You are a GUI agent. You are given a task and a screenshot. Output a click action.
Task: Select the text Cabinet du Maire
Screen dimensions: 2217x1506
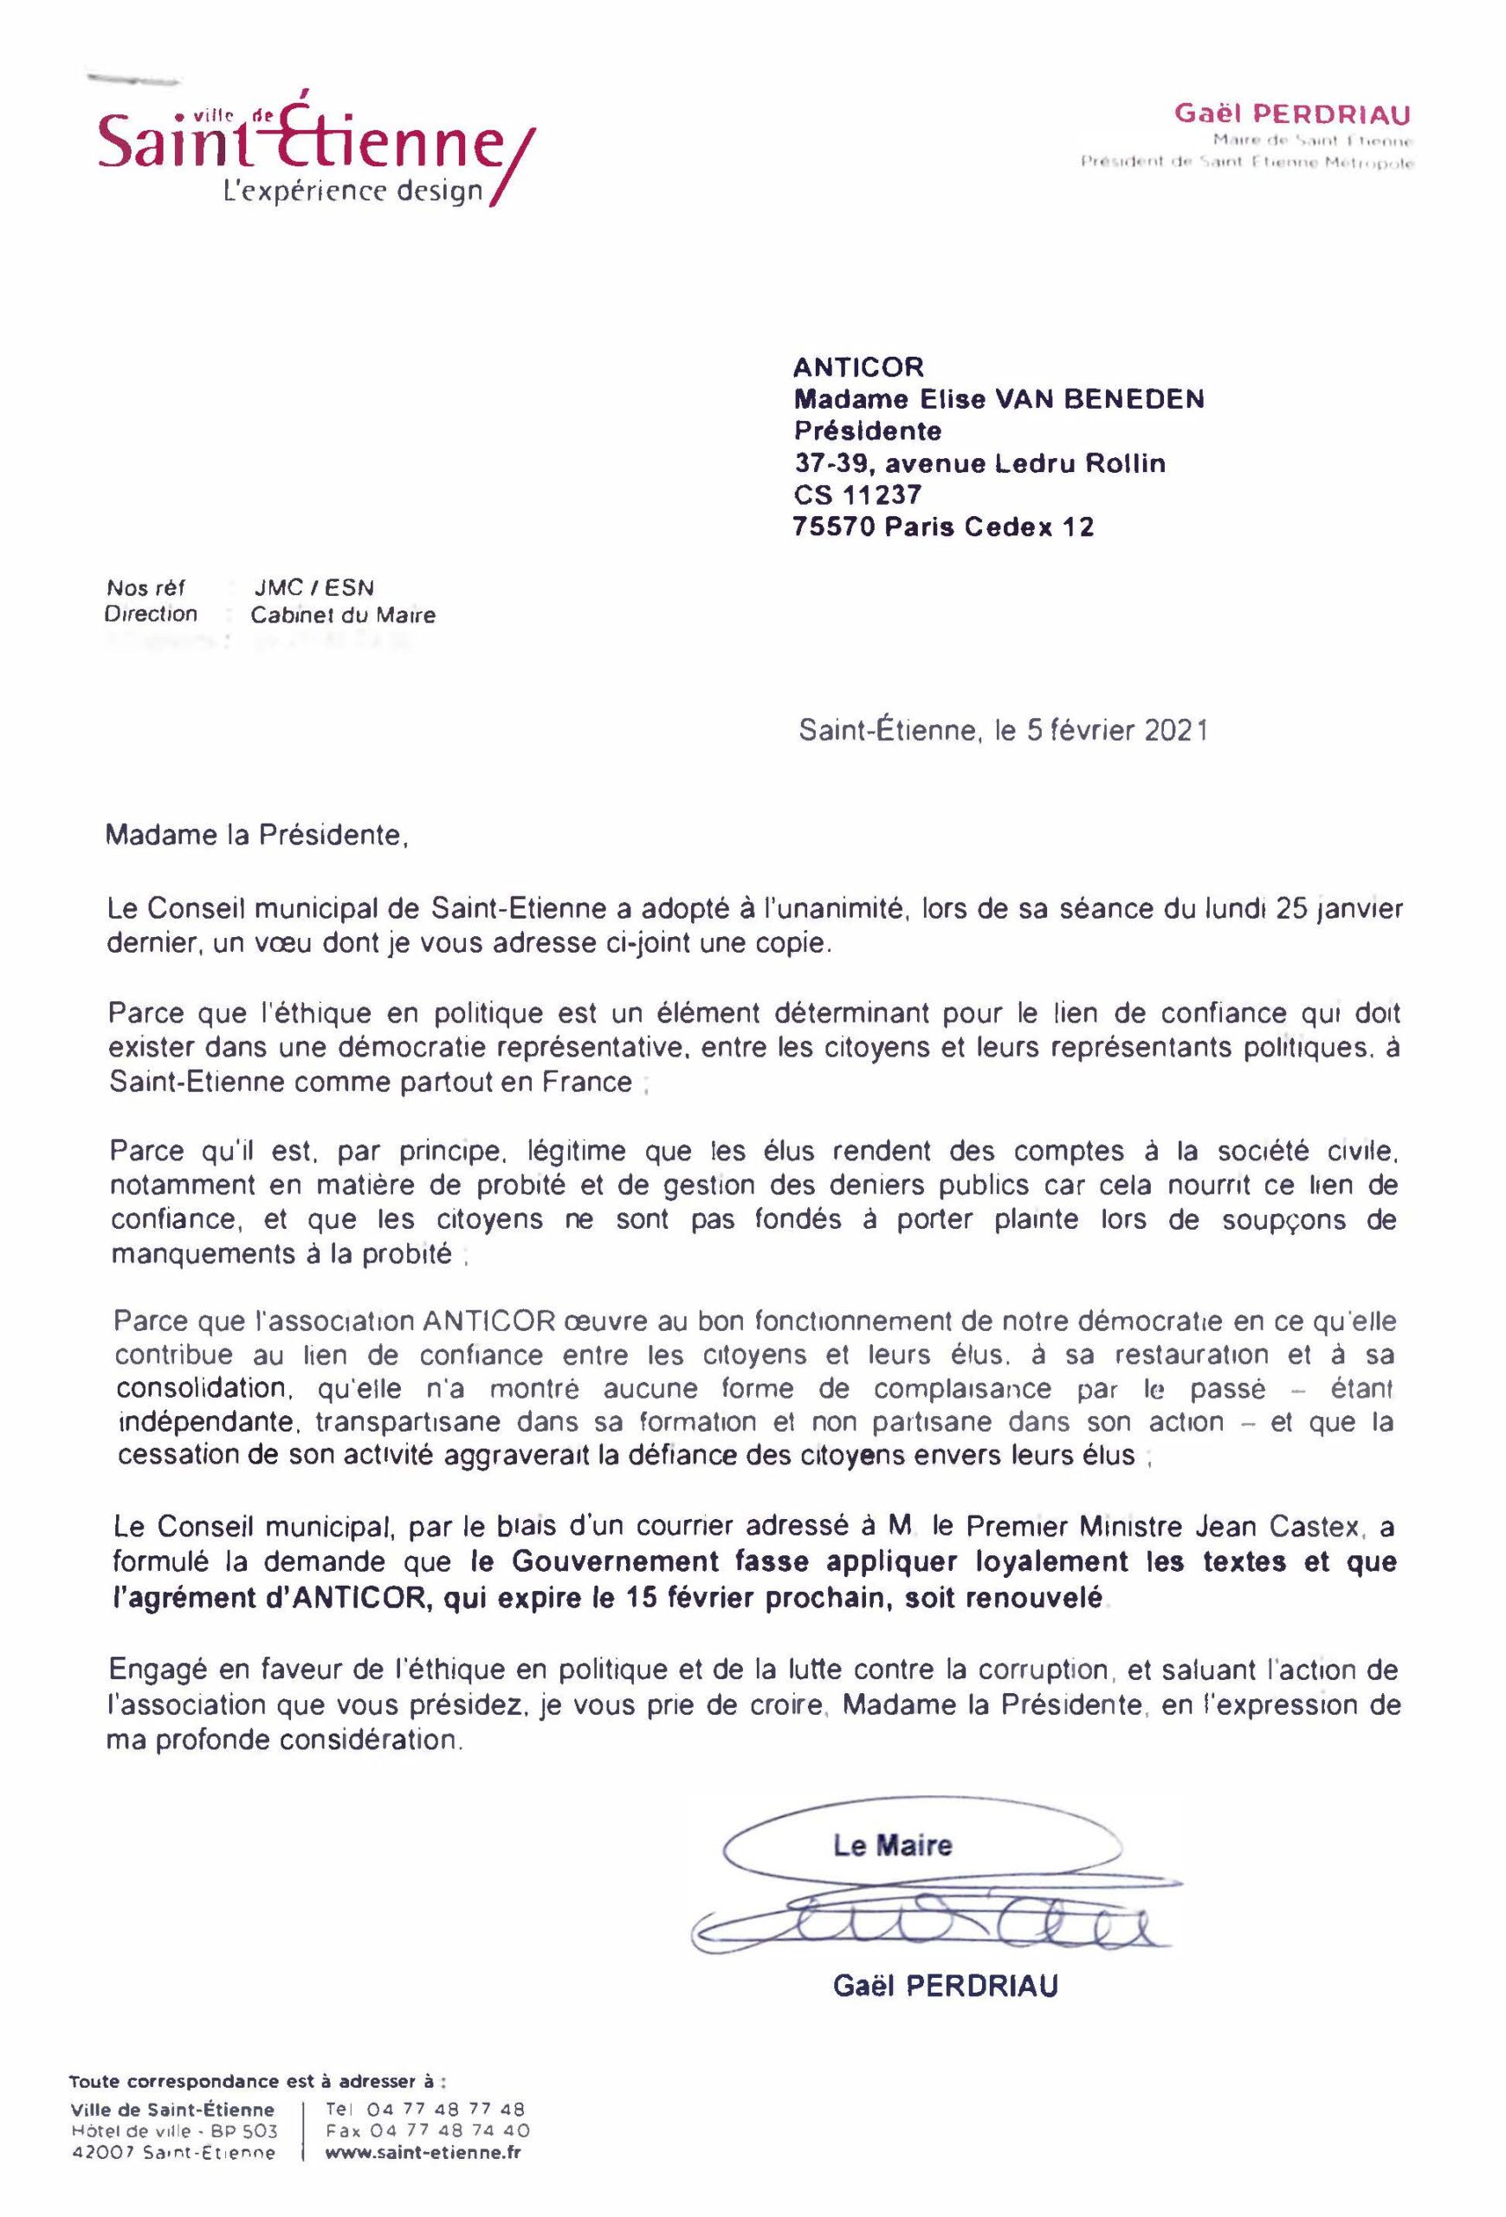342,615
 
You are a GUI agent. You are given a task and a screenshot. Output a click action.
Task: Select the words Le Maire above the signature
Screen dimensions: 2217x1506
892,1845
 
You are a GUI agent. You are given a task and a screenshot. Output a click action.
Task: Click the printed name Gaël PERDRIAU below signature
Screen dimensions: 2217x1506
945,1986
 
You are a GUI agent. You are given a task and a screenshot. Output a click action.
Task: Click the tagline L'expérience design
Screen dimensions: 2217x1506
352,191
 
